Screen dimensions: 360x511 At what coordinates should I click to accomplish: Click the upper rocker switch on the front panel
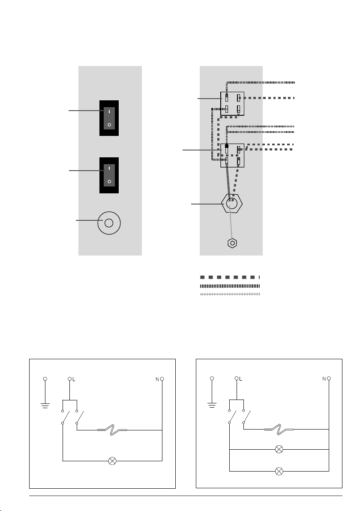[x=109, y=118]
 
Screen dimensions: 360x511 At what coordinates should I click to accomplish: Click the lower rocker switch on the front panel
[x=109, y=175]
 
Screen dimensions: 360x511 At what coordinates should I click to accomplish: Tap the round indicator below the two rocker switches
[x=109, y=223]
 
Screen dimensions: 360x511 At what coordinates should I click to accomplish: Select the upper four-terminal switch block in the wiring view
[x=232, y=103]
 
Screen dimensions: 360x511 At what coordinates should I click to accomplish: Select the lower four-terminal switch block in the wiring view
[x=232, y=156]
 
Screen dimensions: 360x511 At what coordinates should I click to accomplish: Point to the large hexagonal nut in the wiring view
[x=232, y=203]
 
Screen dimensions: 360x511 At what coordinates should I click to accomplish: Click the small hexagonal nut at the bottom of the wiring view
[x=232, y=243]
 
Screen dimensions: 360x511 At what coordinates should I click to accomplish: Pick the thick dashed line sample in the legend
[x=230, y=277]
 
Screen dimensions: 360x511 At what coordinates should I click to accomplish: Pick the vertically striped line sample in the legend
[x=230, y=286]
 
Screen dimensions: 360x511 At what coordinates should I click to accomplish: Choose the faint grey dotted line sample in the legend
[x=230, y=294]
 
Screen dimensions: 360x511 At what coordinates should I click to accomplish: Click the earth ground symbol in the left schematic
[x=45, y=406]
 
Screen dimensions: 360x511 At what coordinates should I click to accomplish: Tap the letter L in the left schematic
[x=74, y=379]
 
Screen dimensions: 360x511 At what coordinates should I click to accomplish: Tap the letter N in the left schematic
[x=157, y=379]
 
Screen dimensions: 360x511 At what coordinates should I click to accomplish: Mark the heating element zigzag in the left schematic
[x=112, y=430]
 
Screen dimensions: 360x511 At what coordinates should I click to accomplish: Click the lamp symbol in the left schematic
[x=112, y=461]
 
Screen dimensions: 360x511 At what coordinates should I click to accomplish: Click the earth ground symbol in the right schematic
[x=212, y=405]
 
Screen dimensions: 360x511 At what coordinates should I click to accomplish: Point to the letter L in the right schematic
[x=241, y=379]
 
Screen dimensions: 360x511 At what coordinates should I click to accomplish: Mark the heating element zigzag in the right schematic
[x=279, y=430]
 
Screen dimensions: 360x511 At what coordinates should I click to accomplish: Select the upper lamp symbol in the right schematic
[x=279, y=449]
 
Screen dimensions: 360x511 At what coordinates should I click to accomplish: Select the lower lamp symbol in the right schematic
[x=279, y=471]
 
